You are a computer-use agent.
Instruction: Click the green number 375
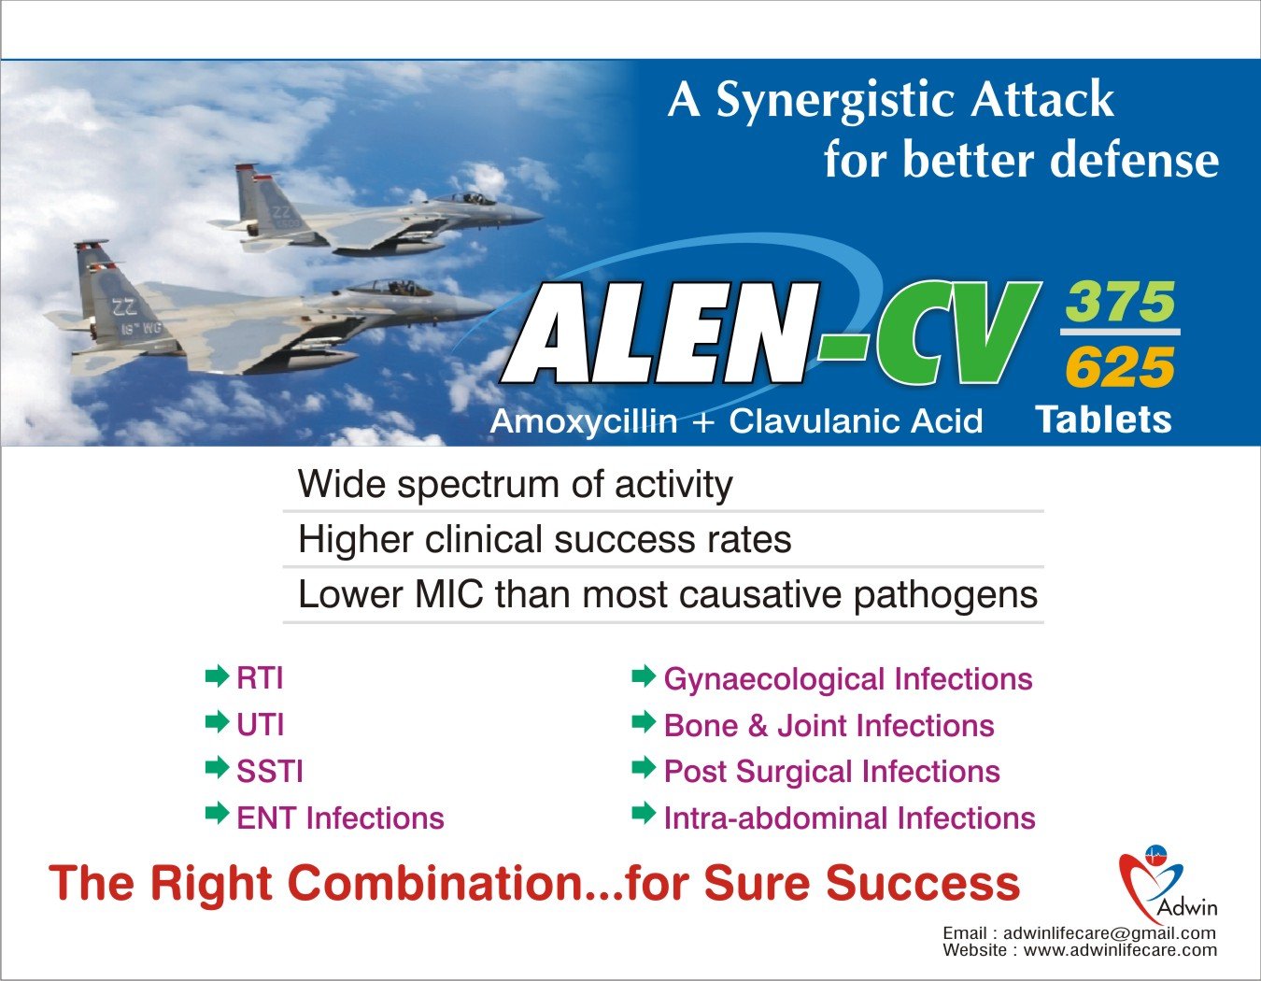[1120, 302]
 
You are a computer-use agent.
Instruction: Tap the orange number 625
[1120, 367]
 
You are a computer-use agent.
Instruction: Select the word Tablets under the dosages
[1104, 419]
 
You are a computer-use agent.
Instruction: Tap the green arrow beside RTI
[217, 675]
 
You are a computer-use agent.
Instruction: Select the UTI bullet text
[261, 724]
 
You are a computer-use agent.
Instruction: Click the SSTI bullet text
[270, 771]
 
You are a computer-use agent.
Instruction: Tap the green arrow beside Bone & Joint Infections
[644, 722]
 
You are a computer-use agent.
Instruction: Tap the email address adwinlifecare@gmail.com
[1110, 932]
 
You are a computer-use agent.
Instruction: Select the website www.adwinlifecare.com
[1120, 949]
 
